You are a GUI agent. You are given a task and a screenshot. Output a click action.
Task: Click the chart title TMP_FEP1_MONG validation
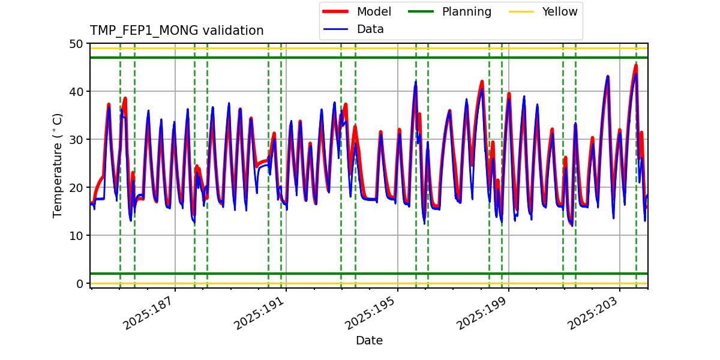(x=176, y=31)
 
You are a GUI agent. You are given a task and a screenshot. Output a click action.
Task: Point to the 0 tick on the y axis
(x=79, y=284)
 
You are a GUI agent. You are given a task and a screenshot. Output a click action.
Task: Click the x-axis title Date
(x=369, y=341)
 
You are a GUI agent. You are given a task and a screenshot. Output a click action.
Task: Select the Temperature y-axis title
(x=58, y=165)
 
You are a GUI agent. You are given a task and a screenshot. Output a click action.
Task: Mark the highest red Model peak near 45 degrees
(x=636, y=65)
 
